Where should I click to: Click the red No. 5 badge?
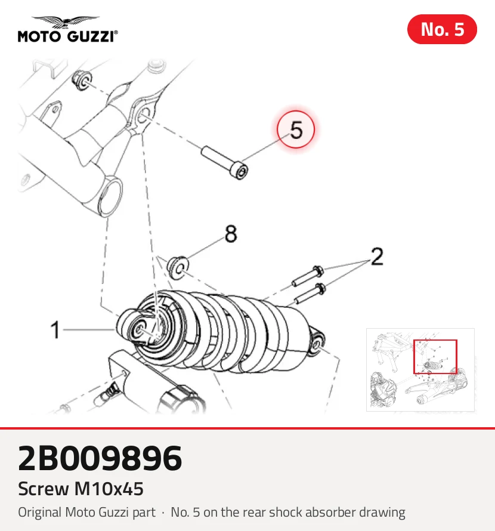pyautogui.click(x=442, y=29)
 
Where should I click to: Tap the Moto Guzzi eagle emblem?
pyautogui.click(x=66, y=21)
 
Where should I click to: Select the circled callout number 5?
pyautogui.click(x=296, y=129)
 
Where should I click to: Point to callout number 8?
pyautogui.click(x=231, y=234)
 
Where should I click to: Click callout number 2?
pyautogui.click(x=377, y=257)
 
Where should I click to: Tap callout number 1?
pyautogui.click(x=55, y=329)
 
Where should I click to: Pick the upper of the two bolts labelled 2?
pyautogui.click(x=308, y=276)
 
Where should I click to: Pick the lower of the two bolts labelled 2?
pyautogui.click(x=310, y=294)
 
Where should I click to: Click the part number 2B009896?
pyautogui.click(x=100, y=458)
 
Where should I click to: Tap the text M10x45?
pyautogui.click(x=109, y=489)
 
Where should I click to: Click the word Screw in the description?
pyautogui.click(x=44, y=489)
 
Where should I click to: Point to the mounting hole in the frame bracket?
pyautogui.click(x=144, y=116)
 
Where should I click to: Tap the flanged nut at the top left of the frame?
pyautogui.click(x=82, y=81)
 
